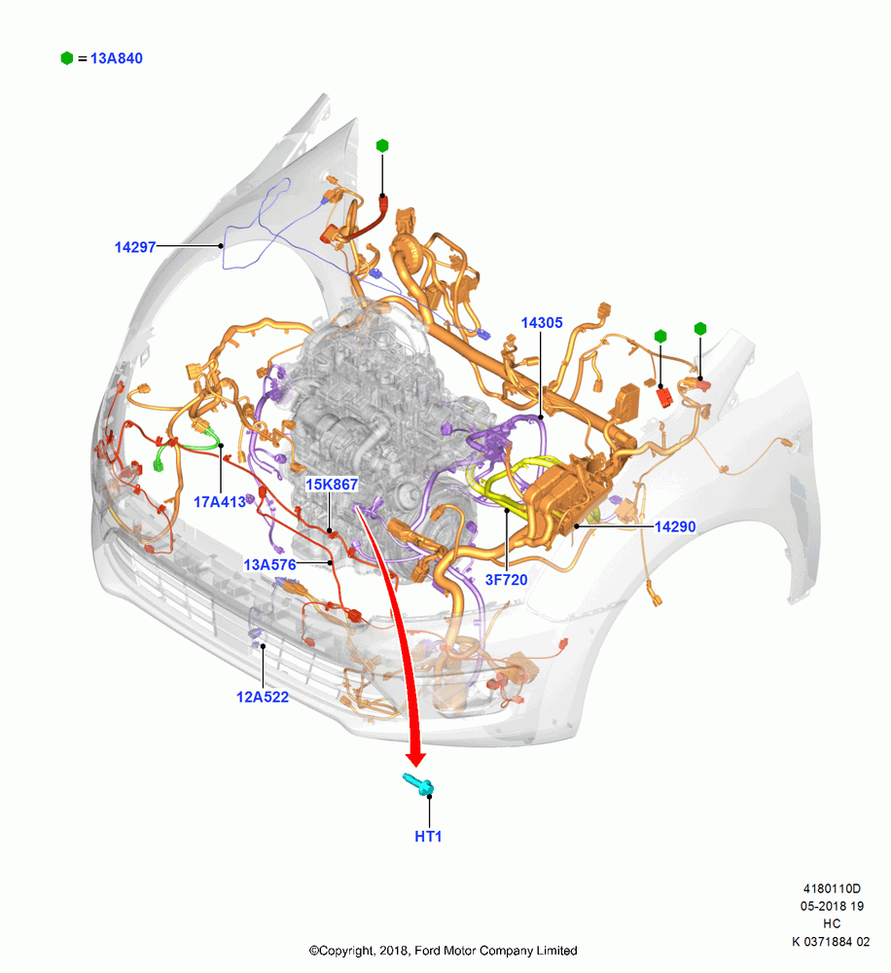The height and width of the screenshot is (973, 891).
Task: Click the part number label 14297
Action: (x=134, y=247)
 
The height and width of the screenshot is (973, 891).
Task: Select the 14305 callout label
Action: (x=542, y=323)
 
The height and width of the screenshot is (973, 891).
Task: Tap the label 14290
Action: (x=675, y=526)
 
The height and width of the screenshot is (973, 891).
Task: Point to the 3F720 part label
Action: (x=507, y=580)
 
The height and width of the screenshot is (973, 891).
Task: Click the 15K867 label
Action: (x=332, y=484)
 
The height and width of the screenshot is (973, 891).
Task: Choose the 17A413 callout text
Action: (x=220, y=502)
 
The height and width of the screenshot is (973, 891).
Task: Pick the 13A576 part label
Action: (x=269, y=564)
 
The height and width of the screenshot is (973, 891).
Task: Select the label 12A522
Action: (x=263, y=697)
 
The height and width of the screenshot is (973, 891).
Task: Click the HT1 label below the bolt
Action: (x=428, y=837)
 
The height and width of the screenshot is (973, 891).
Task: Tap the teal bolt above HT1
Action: (x=418, y=784)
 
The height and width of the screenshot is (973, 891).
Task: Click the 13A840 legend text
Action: (x=116, y=58)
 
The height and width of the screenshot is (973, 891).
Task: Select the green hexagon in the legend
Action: (x=67, y=58)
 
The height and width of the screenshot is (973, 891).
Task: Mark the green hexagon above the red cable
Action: (x=382, y=146)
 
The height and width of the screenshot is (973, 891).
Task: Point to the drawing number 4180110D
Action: (x=832, y=888)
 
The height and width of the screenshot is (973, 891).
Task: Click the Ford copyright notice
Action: (x=443, y=951)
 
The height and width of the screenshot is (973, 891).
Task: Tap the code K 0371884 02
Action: (x=831, y=941)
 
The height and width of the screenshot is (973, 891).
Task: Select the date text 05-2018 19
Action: (x=832, y=906)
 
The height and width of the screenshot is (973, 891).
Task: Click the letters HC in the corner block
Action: (x=832, y=924)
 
